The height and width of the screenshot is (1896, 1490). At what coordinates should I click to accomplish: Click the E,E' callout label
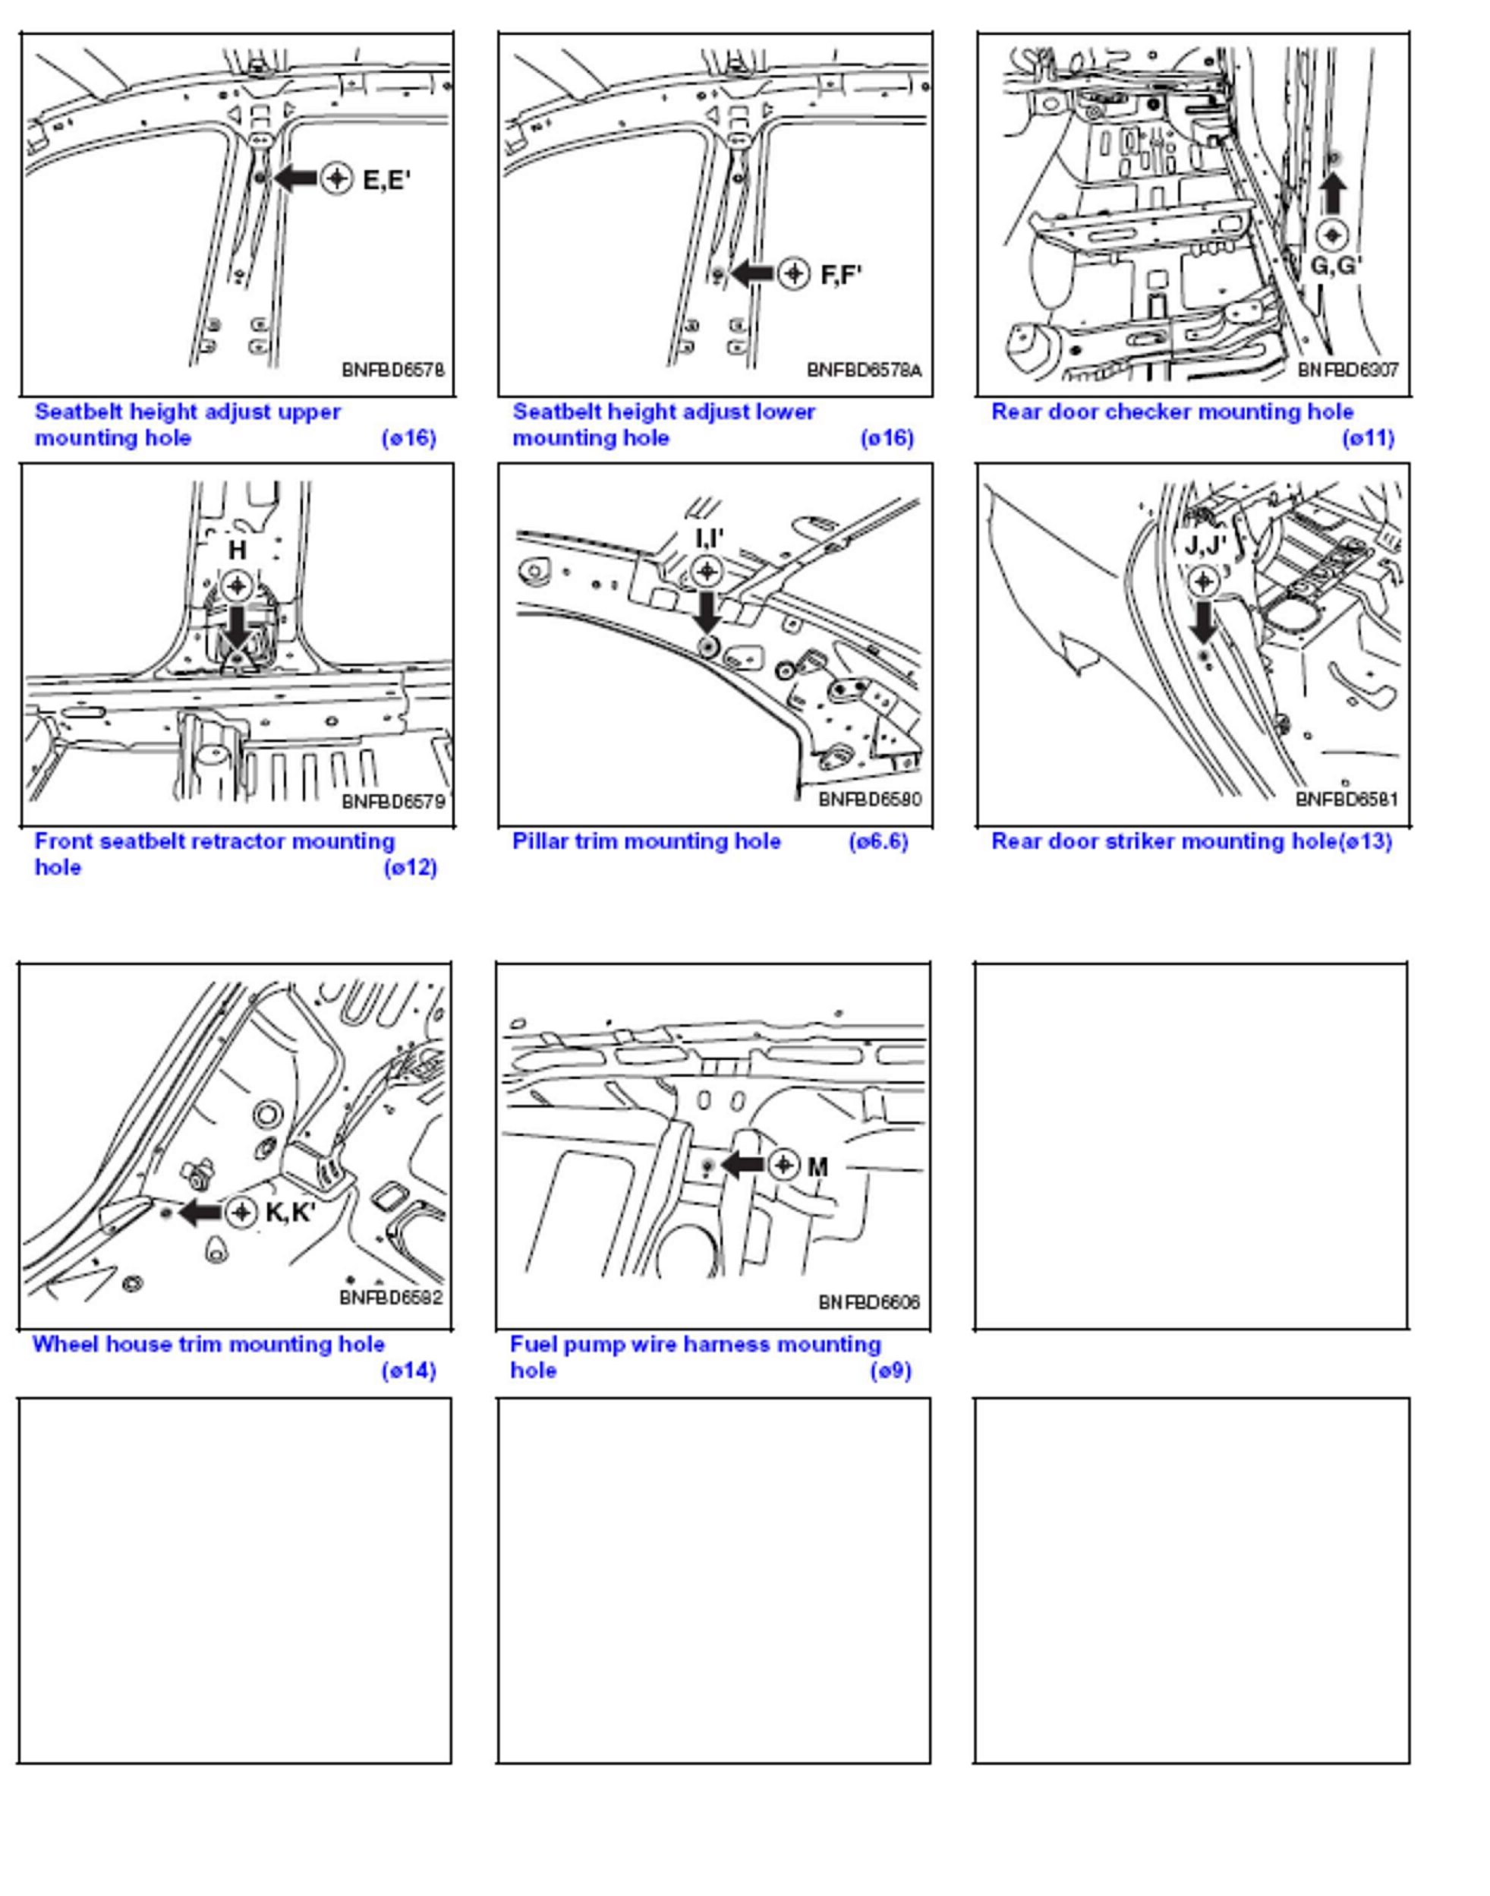386,181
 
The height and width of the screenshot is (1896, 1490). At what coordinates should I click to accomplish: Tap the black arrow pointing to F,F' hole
751,274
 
